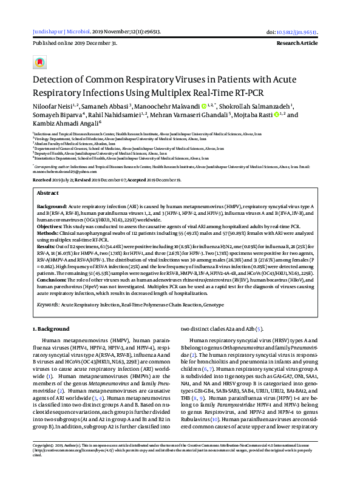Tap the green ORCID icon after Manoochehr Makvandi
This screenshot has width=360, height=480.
[204, 106]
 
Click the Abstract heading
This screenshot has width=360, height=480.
[48, 192]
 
